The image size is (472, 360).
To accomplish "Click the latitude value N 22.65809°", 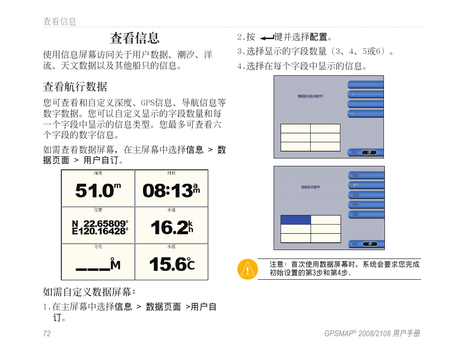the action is tap(102, 223).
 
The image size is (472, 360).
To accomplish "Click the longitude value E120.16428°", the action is tap(100, 231).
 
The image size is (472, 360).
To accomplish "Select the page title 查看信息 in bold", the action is tap(135, 38).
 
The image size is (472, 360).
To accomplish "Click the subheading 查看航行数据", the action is tap(75, 87).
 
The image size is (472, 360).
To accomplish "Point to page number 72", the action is tap(47, 334).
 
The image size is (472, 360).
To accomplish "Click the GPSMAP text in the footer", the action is tap(338, 334).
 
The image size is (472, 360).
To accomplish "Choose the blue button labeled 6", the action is tap(366, 114).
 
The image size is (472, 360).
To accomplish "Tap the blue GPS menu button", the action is tap(366, 185).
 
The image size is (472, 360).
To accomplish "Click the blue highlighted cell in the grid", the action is tap(295, 220).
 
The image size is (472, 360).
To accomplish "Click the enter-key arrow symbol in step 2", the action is tap(266, 38).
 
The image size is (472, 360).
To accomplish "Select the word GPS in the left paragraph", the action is tap(148, 103).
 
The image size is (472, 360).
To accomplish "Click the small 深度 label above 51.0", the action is tap(98, 173).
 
